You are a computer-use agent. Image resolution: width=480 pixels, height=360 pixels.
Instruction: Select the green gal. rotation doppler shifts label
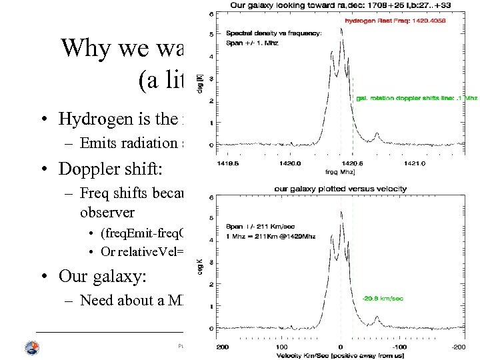click(416, 98)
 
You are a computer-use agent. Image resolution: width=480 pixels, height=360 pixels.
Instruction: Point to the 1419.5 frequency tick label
click(227, 161)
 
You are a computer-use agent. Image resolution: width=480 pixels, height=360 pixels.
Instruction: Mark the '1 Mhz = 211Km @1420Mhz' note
click(271, 236)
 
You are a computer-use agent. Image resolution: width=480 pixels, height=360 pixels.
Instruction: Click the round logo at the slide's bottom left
click(31, 347)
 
